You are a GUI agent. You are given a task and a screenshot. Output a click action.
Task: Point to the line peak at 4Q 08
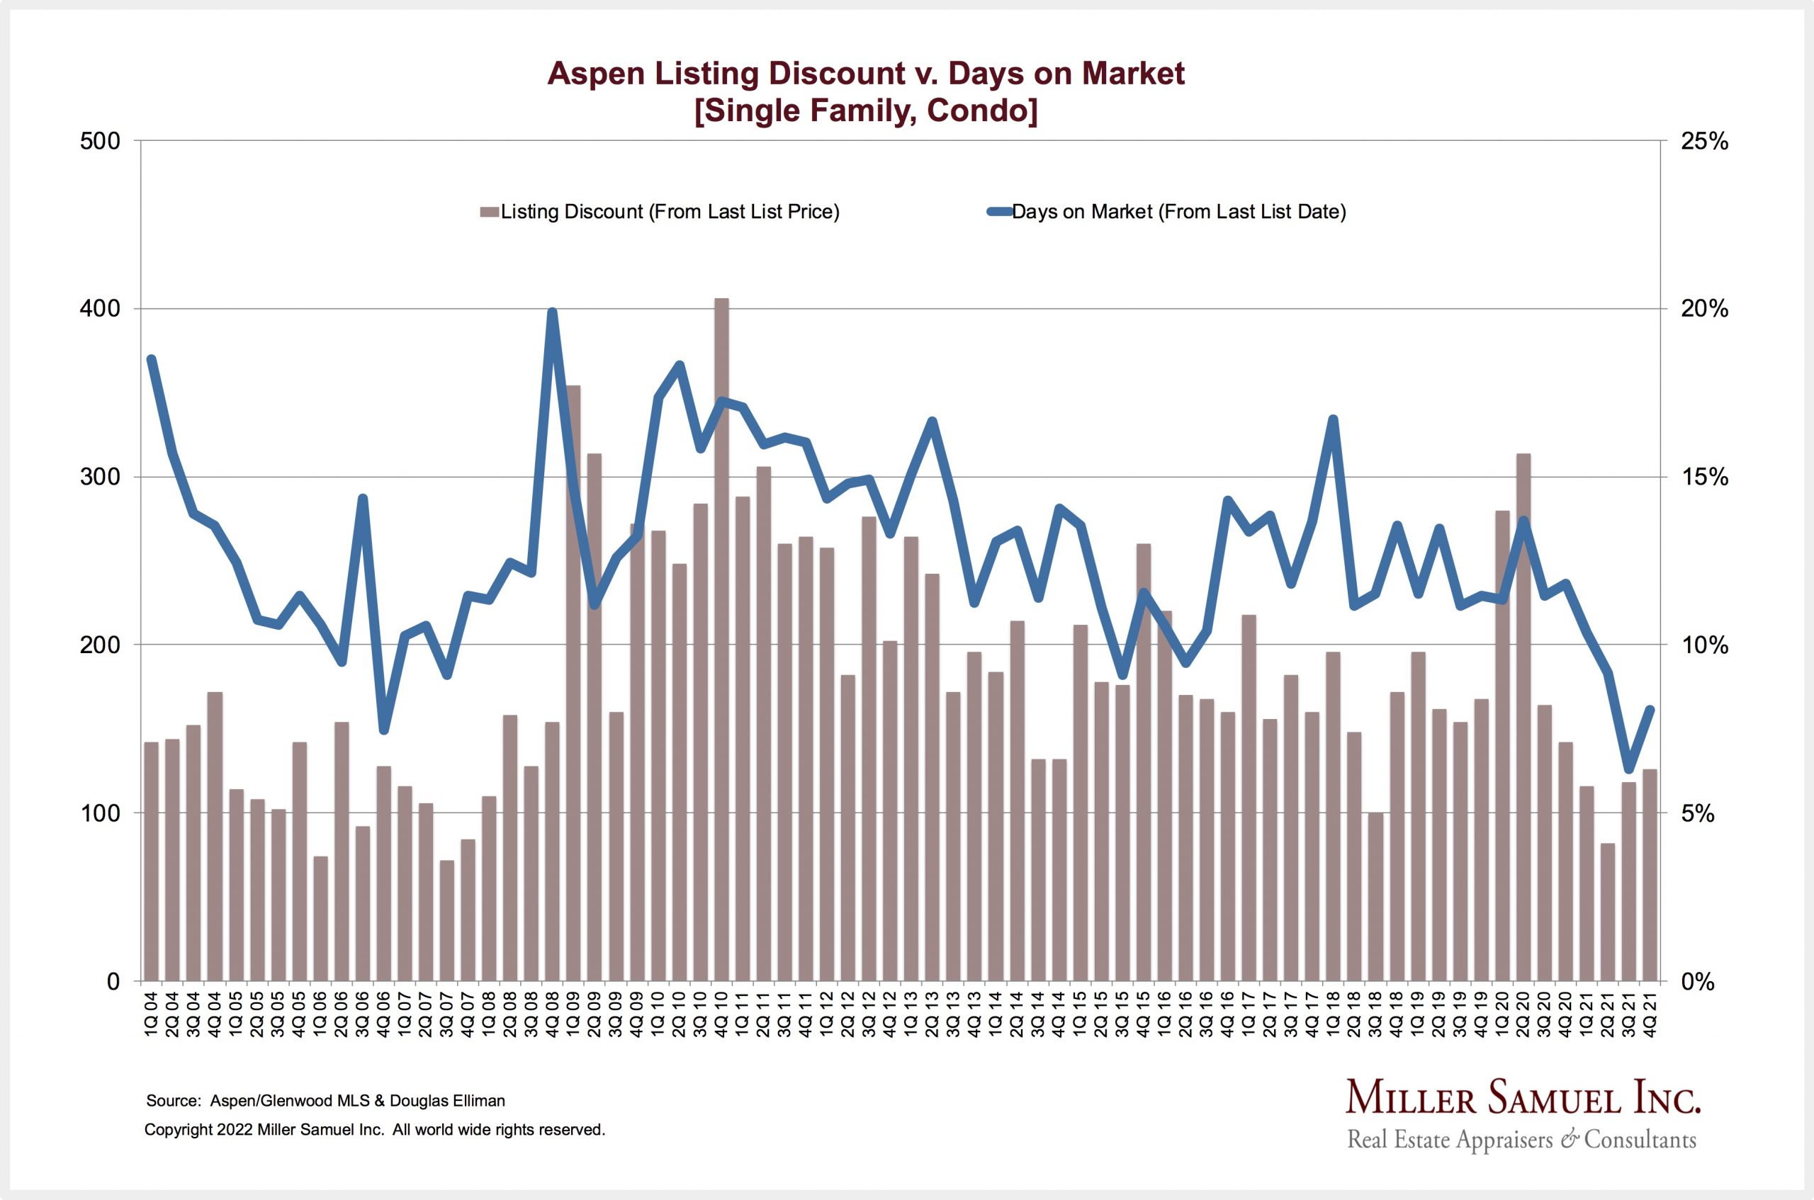[552, 312]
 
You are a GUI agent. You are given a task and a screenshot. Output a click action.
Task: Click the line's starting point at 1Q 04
[152, 360]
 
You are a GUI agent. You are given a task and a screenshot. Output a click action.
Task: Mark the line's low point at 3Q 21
[1629, 769]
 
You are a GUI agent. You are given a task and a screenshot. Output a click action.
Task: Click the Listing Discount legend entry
[660, 212]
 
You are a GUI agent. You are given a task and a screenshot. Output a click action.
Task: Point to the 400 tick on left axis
[101, 309]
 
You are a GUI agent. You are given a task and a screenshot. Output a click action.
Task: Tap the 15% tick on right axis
[1703, 477]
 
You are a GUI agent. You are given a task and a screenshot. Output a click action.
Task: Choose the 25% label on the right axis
[1703, 142]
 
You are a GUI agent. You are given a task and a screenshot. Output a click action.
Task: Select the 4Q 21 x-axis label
[1650, 1016]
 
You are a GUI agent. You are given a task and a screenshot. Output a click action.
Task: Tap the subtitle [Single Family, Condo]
[866, 111]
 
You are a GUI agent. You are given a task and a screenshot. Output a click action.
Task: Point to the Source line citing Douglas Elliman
[325, 1101]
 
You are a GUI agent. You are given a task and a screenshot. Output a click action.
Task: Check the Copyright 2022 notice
[374, 1130]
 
